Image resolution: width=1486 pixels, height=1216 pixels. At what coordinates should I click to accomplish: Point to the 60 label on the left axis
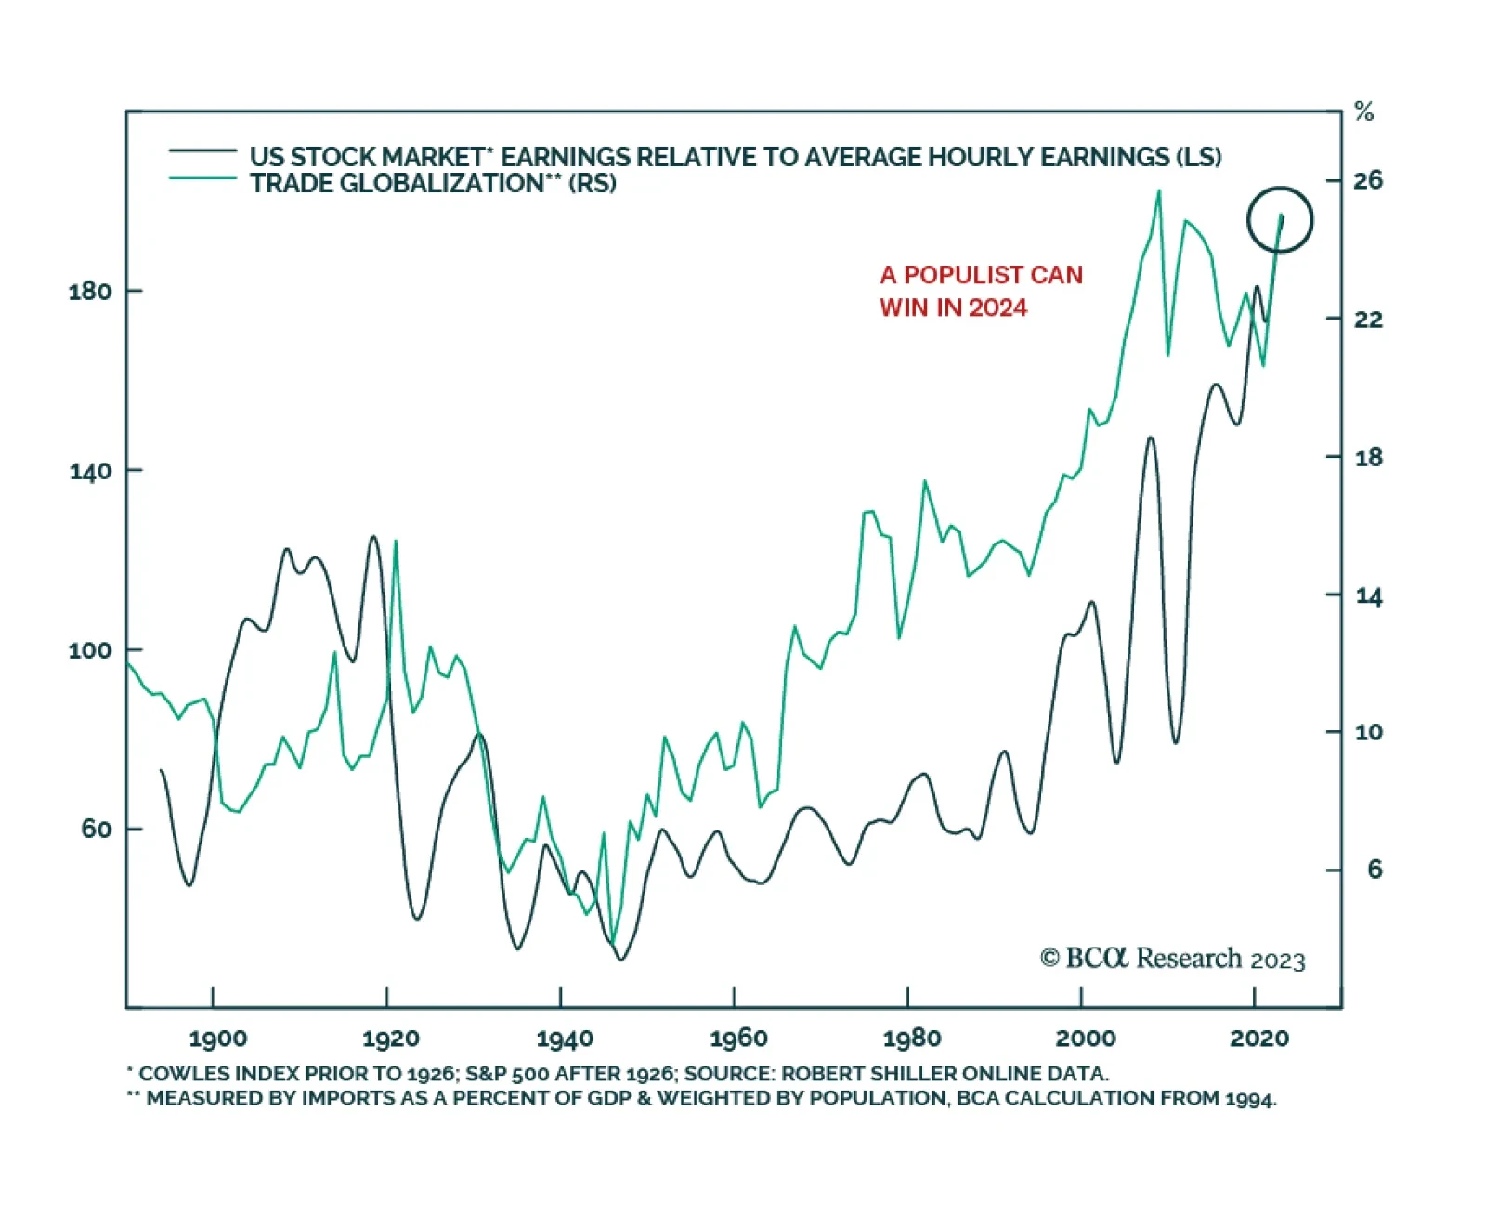pos(96,829)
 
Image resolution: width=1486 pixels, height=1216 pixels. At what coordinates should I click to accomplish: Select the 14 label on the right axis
pos(1368,596)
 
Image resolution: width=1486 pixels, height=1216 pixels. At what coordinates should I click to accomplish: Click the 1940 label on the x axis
pos(565,1039)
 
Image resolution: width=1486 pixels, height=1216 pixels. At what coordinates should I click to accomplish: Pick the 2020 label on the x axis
pos(1258,1039)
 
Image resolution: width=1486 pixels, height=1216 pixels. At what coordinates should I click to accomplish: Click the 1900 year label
pos(217,1039)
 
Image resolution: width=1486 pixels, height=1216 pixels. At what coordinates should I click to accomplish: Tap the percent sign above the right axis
pos(1363,112)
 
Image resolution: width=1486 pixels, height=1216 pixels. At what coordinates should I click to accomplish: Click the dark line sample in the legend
pos(202,150)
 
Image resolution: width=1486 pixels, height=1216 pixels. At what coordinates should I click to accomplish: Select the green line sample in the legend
pos(202,177)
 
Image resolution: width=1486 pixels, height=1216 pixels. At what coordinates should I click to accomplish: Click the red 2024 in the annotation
pos(997,307)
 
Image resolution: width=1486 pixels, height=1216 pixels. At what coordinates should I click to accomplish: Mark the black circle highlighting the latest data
pos(1280,220)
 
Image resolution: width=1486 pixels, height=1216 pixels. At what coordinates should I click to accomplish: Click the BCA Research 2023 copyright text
pos(1173,959)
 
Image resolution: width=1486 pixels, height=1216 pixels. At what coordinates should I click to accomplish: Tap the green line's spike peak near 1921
pos(396,541)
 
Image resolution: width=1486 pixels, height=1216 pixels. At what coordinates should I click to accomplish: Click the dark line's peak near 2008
pos(1151,438)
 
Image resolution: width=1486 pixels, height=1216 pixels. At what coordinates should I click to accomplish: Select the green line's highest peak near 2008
pos(1159,191)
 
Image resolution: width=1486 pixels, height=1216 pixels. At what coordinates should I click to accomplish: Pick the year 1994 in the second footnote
pos(1250,1099)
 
